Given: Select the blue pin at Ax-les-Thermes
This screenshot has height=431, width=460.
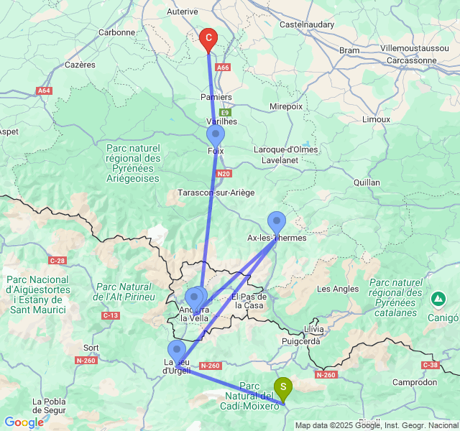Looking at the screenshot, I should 276,221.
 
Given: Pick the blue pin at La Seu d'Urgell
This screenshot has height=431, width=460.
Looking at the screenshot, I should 176,351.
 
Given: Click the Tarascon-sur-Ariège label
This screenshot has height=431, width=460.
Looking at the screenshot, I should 216,193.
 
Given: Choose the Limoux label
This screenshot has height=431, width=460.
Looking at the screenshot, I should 376,119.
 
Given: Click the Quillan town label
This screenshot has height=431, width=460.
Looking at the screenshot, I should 367,182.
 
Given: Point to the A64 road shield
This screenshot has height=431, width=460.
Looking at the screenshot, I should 44,91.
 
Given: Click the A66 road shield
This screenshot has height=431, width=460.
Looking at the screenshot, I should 224,68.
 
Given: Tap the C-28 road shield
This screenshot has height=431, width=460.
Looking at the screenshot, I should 58,260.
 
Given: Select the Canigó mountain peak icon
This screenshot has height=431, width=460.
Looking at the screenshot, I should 438,297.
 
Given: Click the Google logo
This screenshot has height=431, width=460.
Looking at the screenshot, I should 24,422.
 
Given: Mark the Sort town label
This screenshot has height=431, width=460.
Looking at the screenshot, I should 91,348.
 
